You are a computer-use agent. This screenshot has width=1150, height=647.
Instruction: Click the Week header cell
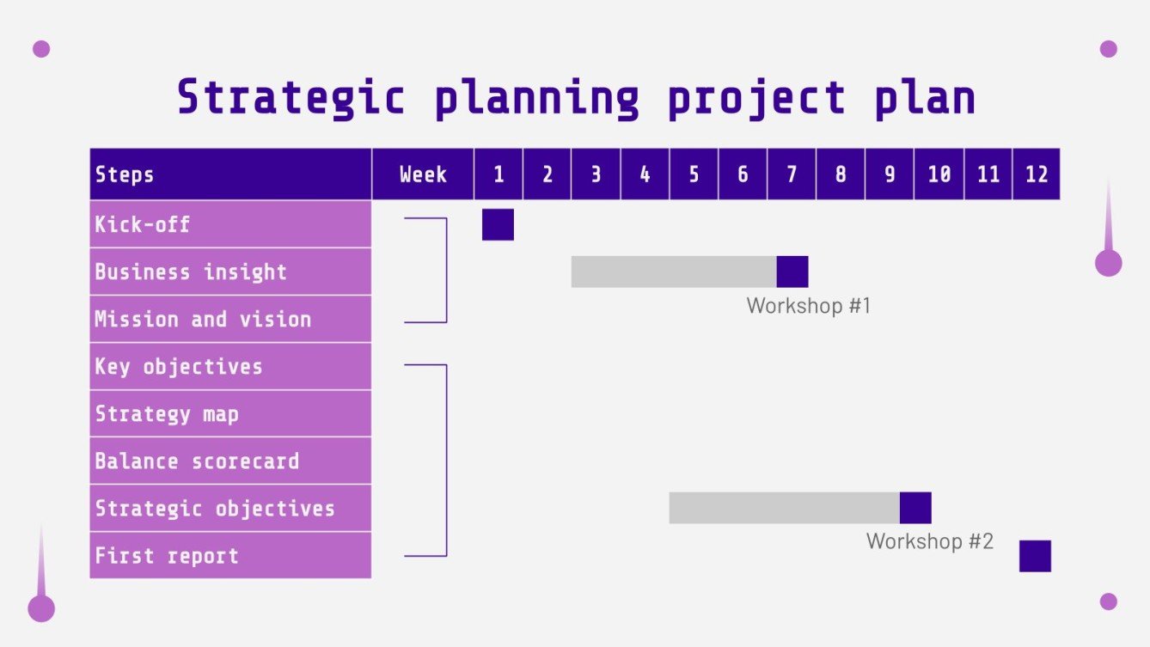(x=423, y=174)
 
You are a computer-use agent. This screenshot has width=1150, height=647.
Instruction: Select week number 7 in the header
(x=792, y=174)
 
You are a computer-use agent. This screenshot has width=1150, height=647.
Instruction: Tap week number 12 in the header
(x=1037, y=174)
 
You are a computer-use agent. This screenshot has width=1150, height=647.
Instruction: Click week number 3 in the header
(x=596, y=174)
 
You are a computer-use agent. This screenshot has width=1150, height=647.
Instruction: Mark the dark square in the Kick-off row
(x=498, y=224)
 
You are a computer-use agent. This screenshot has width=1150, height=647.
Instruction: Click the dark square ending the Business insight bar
(x=792, y=272)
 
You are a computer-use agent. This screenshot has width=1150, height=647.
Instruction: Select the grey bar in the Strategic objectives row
(x=784, y=508)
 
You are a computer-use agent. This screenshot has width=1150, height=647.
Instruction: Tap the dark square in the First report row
(x=1035, y=556)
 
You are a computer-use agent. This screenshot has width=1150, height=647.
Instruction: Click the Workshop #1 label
(x=809, y=306)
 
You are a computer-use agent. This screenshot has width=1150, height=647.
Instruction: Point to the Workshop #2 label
(x=929, y=542)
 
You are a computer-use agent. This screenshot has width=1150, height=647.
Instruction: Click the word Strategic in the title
(x=291, y=97)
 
